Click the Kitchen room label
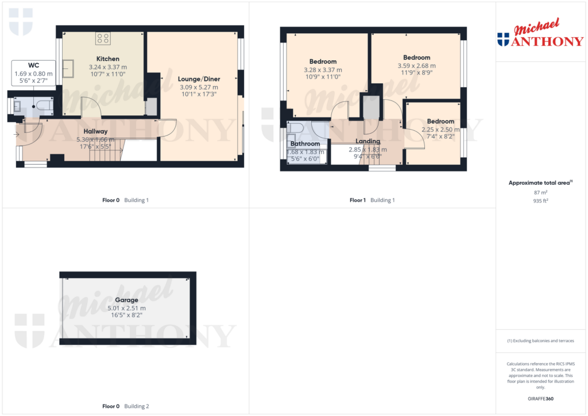[108, 59]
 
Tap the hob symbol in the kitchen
[103, 39]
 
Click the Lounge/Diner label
[199, 79]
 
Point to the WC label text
[33, 65]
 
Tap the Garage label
[126, 300]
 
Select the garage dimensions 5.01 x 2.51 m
[126, 308]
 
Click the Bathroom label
[305, 144]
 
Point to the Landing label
[367, 141]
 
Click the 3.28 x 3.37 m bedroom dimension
[323, 69]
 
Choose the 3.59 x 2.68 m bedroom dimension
[416, 65]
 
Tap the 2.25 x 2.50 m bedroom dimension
[440, 129]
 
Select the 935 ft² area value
[541, 202]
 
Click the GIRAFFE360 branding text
[541, 399]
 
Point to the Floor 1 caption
[357, 200]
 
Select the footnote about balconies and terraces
[540, 341]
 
